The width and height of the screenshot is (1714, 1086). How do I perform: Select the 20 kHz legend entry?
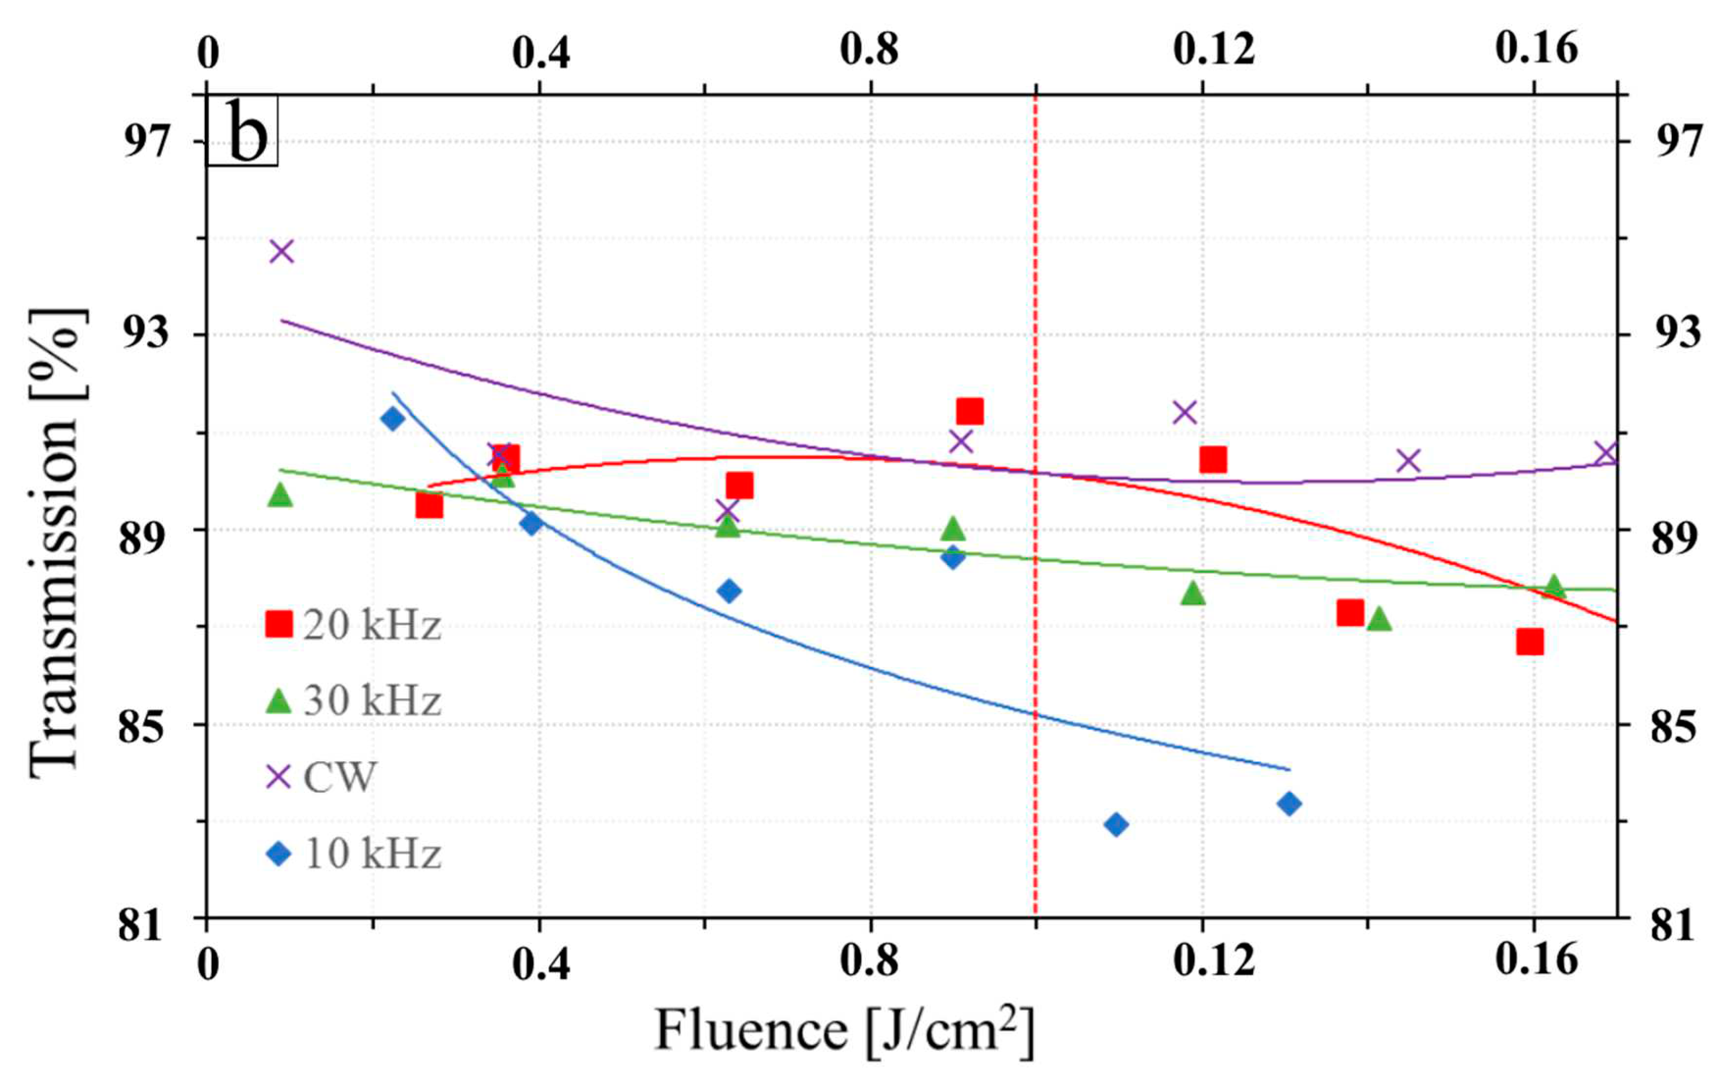(353, 625)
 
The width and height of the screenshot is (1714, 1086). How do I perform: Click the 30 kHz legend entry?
(353, 701)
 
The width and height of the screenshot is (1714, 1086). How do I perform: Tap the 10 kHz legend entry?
(353, 853)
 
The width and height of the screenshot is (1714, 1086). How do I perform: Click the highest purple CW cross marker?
(282, 251)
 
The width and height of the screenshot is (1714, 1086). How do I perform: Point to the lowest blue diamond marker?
(1116, 825)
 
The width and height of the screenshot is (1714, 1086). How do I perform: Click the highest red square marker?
(969, 411)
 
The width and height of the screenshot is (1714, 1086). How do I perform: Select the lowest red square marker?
(1530, 642)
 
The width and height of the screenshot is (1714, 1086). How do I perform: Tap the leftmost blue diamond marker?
(392, 418)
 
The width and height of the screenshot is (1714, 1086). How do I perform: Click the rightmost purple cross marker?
(1607, 453)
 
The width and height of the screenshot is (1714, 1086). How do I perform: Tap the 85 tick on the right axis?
(1673, 725)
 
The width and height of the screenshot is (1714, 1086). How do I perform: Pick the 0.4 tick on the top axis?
(541, 53)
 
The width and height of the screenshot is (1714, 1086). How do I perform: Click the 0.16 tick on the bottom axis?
(1536, 961)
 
